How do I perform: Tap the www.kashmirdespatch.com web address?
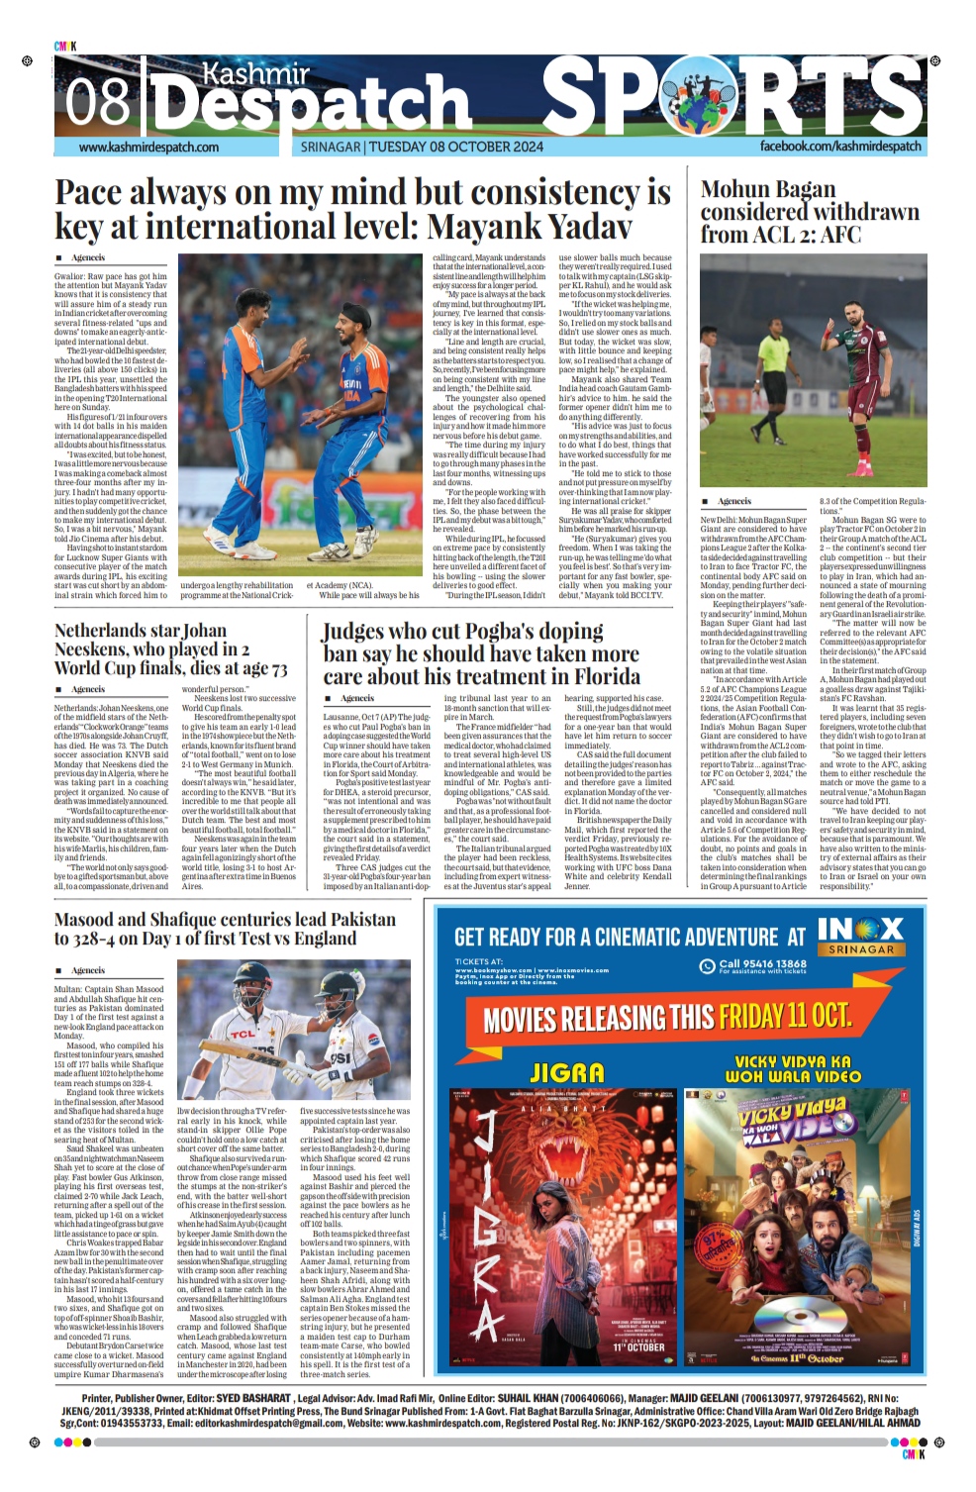pyautogui.click(x=148, y=148)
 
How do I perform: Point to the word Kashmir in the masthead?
pyautogui.click(x=255, y=74)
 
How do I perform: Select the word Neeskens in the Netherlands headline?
pyautogui.click(x=99, y=649)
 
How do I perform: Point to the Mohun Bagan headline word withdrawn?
pyautogui.click(x=864, y=212)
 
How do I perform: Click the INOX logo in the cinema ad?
pyautogui.click(x=860, y=931)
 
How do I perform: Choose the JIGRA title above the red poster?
pyautogui.click(x=567, y=1072)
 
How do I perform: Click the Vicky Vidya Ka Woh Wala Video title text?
pyautogui.click(x=793, y=1068)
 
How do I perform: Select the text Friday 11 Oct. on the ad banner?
pyautogui.click(x=784, y=1017)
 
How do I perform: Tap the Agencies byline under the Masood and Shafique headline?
pyautogui.click(x=88, y=970)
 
